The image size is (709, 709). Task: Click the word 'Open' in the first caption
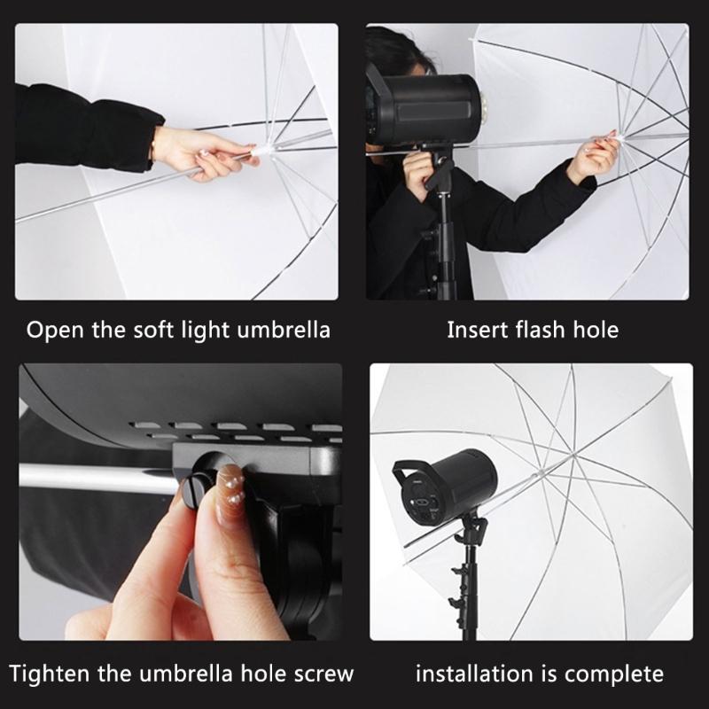tap(55, 331)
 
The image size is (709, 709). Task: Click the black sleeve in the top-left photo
tap(80, 129)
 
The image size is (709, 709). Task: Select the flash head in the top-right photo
tap(425, 107)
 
